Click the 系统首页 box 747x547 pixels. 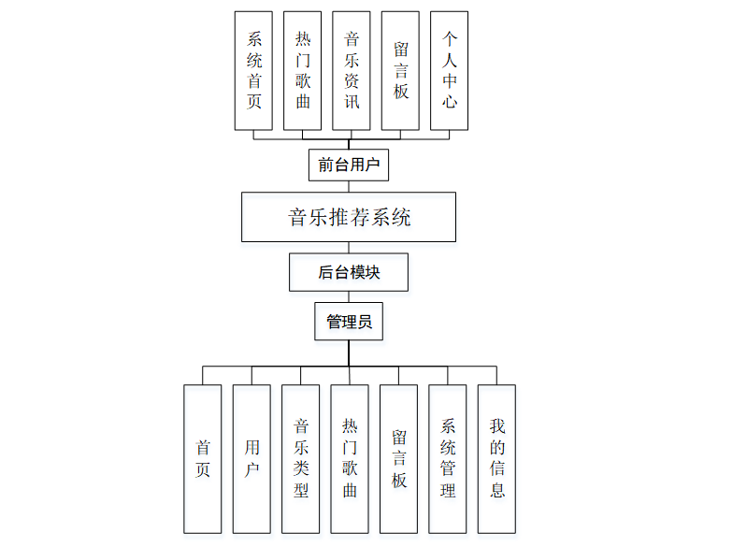254,70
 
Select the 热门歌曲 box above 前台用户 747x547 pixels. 303,70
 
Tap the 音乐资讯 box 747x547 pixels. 352,70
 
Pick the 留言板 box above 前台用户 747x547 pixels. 400,70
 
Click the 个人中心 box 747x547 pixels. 450,70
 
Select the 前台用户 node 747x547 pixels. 349,166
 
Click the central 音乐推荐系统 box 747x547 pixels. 349,218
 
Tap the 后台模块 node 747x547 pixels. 349,272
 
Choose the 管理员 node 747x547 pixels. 349,322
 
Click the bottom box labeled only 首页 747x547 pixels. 203,458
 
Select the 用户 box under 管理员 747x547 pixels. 251,458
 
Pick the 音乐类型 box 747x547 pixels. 301,458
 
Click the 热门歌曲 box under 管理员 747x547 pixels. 350,458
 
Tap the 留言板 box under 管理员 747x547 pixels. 399,458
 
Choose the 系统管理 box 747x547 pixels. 448,458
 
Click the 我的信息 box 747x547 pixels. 496,458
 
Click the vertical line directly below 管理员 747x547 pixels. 349,353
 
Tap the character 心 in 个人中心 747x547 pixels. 450,101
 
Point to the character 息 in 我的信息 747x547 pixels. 496,490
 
